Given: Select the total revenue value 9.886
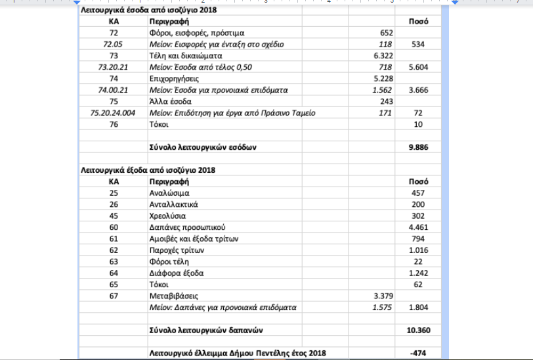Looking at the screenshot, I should (x=418, y=147).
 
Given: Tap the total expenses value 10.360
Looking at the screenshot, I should (x=418, y=329).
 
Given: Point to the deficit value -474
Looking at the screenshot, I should (x=418, y=353).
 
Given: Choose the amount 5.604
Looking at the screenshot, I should (x=418, y=67).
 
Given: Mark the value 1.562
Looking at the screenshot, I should (x=382, y=90).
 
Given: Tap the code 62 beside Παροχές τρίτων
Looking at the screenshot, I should (x=114, y=250).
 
